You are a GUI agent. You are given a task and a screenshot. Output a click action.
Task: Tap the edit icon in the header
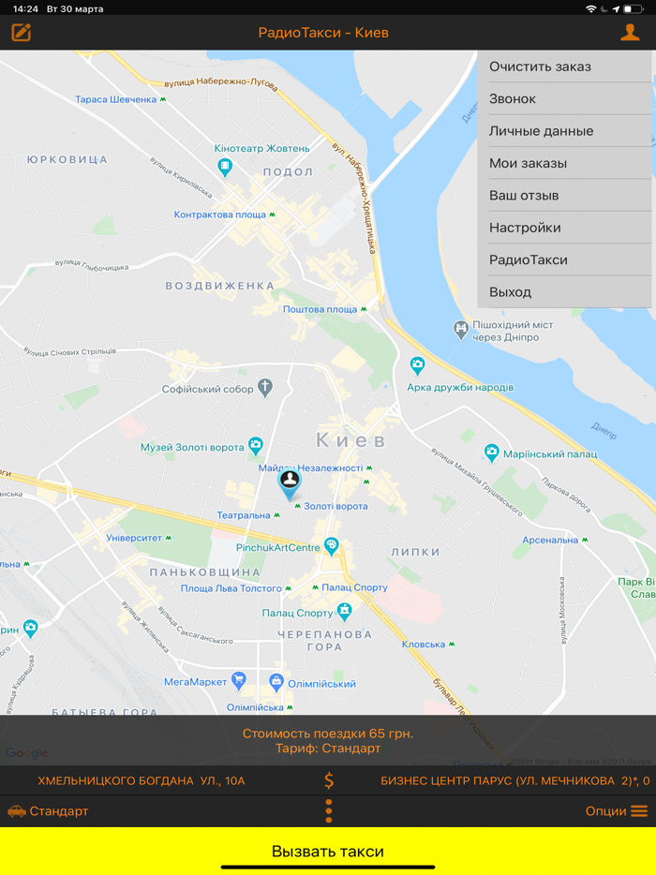22,33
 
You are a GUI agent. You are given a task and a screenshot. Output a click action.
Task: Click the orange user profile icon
630,33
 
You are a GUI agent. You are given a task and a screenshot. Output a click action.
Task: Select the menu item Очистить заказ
564,67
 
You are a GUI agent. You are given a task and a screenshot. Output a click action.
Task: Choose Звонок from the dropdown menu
564,98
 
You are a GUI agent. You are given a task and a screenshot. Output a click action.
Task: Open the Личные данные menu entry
564,131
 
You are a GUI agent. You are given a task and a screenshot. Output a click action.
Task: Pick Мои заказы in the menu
564,163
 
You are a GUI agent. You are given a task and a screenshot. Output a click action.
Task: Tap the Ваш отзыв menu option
564,196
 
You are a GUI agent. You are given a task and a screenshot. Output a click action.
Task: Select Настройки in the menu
564,228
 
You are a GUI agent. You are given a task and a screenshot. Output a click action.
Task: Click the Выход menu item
564,292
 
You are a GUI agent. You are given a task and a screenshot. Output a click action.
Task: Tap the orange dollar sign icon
329,780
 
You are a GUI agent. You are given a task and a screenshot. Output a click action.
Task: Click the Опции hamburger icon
639,811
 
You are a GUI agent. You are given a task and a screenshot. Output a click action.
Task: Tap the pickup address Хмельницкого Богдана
142,780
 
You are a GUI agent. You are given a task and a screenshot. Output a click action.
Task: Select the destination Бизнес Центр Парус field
514,780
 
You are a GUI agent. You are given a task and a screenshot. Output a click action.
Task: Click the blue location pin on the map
290,483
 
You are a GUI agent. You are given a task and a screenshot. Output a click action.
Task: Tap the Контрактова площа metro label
221,215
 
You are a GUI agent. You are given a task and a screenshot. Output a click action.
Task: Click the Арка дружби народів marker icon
418,365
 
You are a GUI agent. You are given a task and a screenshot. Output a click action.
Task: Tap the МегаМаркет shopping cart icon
239,680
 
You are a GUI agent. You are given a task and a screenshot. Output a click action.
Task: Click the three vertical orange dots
329,811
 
